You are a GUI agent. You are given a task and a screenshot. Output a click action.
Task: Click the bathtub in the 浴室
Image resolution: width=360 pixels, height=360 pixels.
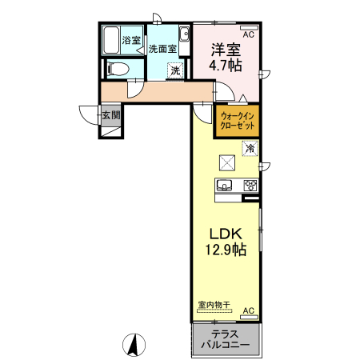tap(111, 39)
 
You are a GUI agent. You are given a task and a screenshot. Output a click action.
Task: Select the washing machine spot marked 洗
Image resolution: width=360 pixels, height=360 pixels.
tap(174, 70)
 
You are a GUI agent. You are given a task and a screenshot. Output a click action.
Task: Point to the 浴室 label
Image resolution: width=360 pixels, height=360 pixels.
tap(131, 40)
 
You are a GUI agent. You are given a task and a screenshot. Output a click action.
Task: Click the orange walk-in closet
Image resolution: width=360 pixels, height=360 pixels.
tap(238, 121)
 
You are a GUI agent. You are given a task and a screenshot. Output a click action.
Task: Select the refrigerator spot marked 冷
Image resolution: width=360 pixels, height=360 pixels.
tap(250, 148)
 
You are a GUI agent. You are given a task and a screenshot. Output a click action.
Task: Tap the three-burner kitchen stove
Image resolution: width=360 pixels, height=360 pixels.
tap(250, 186)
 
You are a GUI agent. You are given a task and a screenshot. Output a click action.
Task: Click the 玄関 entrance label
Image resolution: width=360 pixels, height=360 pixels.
tap(110, 114)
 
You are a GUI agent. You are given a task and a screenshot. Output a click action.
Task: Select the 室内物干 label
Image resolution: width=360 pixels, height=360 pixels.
tap(214, 305)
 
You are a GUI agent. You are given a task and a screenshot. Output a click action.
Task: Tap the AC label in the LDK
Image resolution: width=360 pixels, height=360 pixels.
tap(247, 310)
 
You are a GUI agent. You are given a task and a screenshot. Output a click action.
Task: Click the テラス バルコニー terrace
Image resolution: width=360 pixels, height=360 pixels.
tap(227, 339)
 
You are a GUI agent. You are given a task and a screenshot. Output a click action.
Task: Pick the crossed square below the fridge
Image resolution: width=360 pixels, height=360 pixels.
tap(227, 163)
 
